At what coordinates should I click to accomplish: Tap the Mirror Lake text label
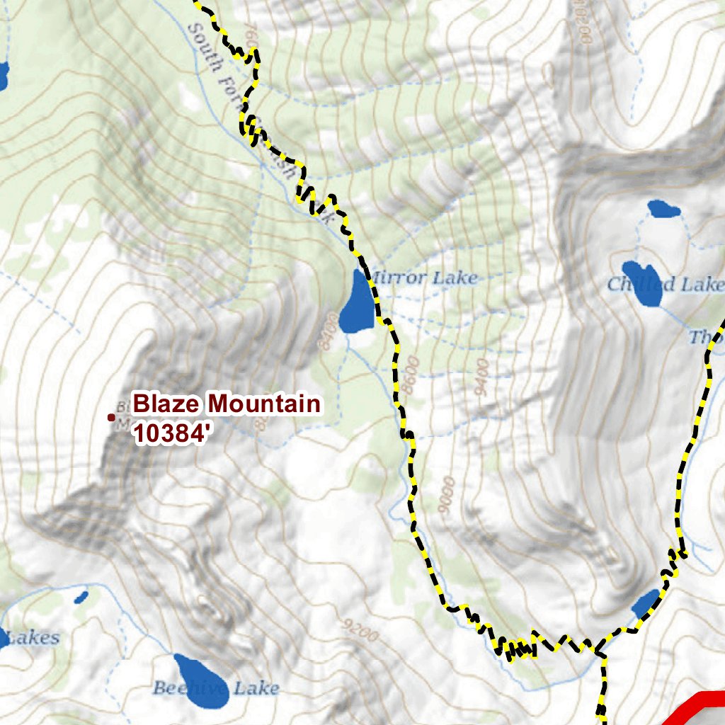[423, 278]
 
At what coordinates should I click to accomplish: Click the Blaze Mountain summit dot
[110, 418]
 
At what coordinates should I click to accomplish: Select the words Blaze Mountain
[227, 404]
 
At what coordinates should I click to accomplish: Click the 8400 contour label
[326, 333]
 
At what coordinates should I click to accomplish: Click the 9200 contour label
[359, 629]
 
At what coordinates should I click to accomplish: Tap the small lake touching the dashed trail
[646, 604]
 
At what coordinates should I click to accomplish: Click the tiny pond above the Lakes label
[81, 597]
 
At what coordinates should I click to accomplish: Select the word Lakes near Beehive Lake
[33, 638]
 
